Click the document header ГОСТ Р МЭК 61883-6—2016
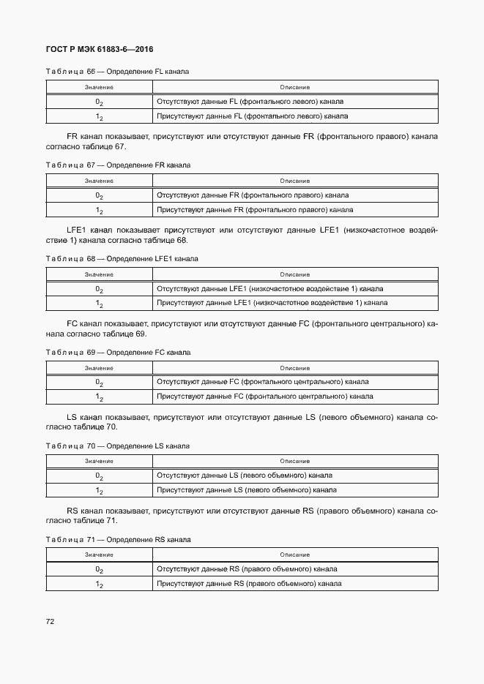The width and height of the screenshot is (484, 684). tap(99, 50)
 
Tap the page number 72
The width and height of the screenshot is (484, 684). tap(51, 622)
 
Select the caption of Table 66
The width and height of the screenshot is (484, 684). tap(117, 72)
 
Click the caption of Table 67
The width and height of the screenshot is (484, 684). tap(118, 165)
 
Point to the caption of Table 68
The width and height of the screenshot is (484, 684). tap(122, 259)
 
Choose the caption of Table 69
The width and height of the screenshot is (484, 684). tap(118, 353)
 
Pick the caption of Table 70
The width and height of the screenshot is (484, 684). tap(117, 446)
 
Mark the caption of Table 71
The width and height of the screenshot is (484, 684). tap(118, 539)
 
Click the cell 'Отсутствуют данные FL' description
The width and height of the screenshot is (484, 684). tap(250, 102)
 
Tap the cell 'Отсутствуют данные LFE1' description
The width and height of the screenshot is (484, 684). tap(269, 288)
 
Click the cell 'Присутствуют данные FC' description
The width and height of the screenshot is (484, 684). tap(265, 397)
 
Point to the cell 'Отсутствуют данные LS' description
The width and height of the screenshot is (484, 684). tap(244, 476)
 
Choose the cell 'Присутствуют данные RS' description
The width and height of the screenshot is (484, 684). tap(249, 584)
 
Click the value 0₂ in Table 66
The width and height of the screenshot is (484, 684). tap(99, 102)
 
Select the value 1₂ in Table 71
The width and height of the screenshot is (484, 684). tap(99, 585)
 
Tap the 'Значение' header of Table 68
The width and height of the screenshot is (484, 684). tap(99, 274)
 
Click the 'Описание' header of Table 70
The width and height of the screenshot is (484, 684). tap(294, 461)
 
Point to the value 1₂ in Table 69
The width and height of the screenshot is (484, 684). tap(99, 397)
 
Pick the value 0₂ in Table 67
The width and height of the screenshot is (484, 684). tap(99, 196)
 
